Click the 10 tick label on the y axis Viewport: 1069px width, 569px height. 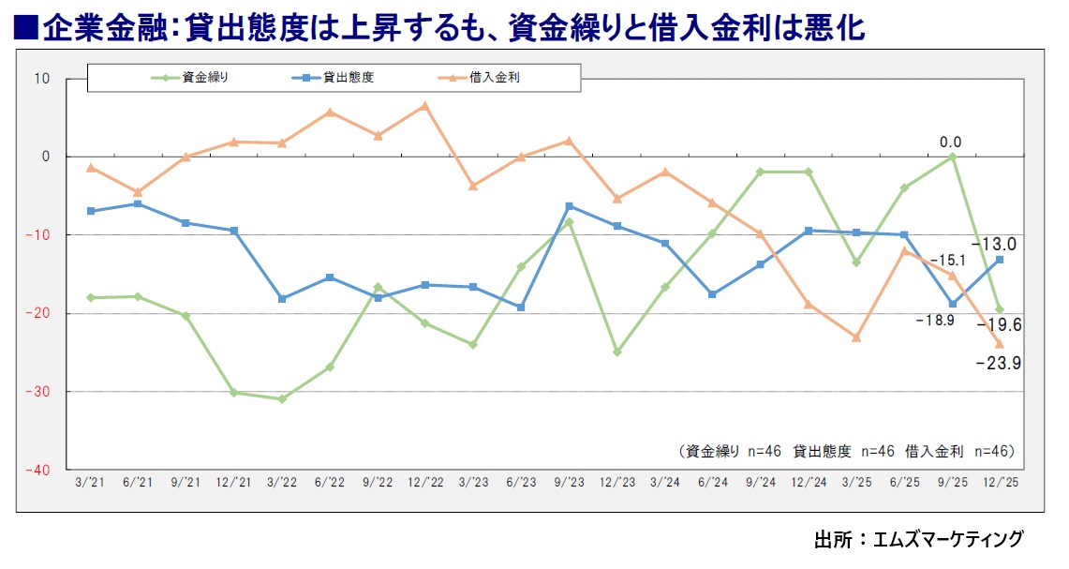pos(42,78)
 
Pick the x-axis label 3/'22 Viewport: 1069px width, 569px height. pos(282,482)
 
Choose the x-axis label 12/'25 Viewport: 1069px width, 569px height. pos(1000,482)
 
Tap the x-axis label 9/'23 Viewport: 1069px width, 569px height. pos(569,482)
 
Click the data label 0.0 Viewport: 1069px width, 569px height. pos(951,142)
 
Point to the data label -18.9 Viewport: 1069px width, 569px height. pos(934,321)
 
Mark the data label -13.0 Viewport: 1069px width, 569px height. pos(995,244)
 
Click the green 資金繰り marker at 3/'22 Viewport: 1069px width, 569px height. pos(282,399)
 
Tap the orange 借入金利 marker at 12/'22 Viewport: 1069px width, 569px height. pos(424,105)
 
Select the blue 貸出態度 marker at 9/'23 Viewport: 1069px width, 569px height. pos(569,206)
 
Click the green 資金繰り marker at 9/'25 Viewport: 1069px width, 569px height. pos(952,157)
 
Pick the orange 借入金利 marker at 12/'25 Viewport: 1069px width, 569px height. pos(1000,344)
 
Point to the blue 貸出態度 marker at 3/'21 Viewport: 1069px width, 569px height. pos(90,211)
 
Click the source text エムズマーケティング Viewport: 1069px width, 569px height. pos(947,540)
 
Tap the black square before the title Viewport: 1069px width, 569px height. pos(25,29)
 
